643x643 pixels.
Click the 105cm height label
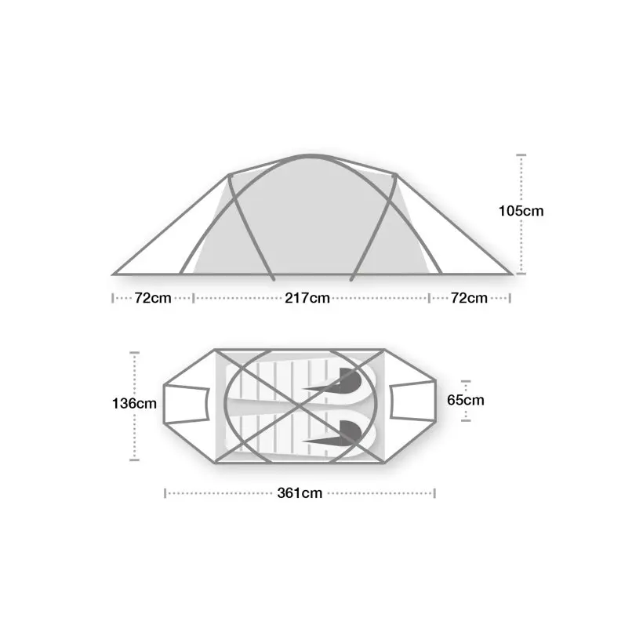[521, 211]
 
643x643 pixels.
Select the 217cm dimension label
[307, 298]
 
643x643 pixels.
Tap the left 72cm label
[153, 298]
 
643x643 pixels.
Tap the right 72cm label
[469, 298]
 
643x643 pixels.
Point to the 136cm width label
[134, 404]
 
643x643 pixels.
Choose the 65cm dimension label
[466, 400]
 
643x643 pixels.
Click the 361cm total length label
[300, 493]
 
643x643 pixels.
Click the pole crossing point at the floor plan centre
[300, 406]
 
